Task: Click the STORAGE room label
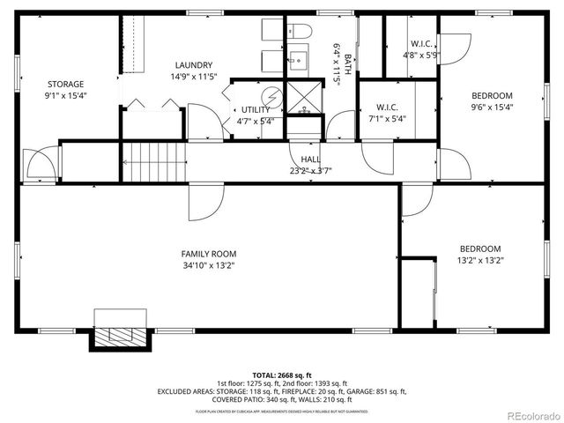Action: click(x=65, y=85)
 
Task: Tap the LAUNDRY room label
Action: click(x=192, y=65)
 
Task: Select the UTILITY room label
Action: click(x=256, y=109)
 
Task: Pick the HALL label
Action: click(x=310, y=160)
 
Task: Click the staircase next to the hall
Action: click(x=155, y=164)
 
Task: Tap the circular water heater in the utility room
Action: click(x=272, y=95)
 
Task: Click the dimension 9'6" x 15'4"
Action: click(x=492, y=107)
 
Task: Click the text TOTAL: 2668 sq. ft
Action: click(x=281, y=374)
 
